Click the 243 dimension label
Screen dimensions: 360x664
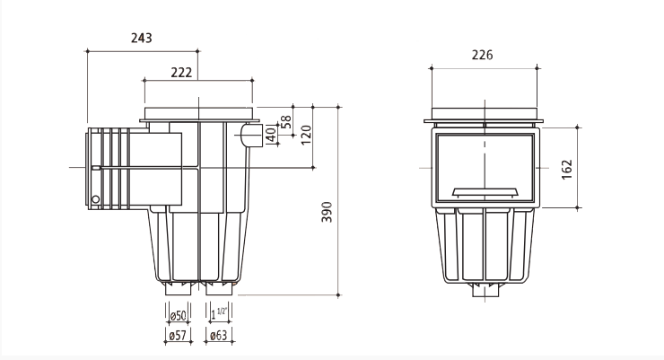[x=141, y=38]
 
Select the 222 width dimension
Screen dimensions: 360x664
[x=181, y=72]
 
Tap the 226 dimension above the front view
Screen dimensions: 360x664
[x=482, y=56]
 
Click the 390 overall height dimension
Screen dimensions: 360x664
[x=328, y=212]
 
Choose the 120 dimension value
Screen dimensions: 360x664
[x=305, y=135]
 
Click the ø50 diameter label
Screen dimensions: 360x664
[x=178, y=315]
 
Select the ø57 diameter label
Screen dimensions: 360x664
[x=178, y=336]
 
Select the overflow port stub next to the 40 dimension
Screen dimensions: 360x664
[x=249, y=136]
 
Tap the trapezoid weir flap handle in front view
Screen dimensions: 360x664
[x=485, y=191]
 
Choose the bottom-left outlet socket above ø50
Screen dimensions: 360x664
[x=179, y=290]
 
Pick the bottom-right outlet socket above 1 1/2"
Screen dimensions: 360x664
[x=218, y=290]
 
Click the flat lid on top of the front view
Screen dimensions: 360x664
[x=485, y=116]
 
